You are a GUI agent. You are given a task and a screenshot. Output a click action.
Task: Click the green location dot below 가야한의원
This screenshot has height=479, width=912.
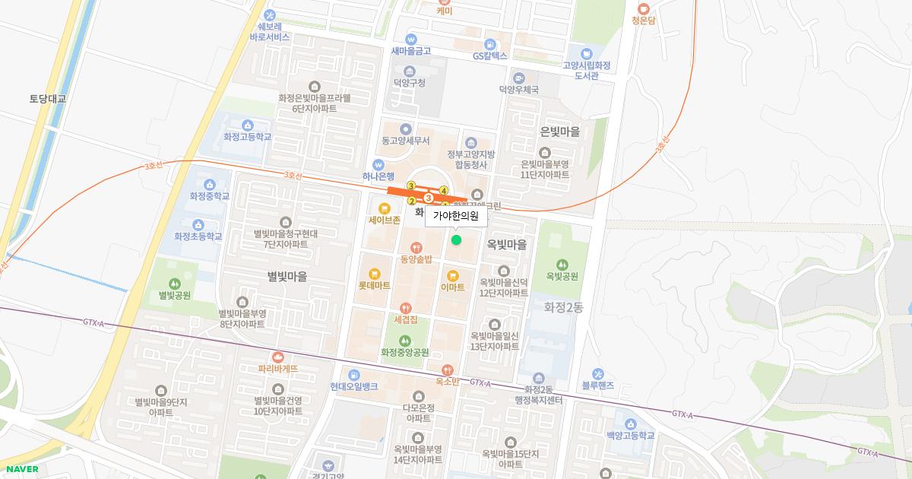(456, 240)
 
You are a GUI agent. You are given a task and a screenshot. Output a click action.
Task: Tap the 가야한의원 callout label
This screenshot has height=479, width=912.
(456, 217)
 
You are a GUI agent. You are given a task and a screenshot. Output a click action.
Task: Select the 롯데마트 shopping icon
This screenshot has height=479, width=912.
(374, 274)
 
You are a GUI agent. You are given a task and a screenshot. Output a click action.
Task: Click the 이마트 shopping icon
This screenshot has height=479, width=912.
(453, 275)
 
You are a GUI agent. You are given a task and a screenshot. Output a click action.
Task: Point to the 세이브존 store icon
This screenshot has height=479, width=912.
(384, 208)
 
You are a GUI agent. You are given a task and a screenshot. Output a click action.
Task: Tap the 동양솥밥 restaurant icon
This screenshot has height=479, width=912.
(416, 247)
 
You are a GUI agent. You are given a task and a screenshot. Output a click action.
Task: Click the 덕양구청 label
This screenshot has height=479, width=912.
(409, 83)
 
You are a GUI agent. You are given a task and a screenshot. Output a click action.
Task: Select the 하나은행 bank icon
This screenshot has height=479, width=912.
(378, 165)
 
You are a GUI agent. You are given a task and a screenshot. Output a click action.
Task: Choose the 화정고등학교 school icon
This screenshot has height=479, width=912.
(247, 125)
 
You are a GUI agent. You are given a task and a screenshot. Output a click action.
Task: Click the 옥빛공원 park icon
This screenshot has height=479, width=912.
(562, 263)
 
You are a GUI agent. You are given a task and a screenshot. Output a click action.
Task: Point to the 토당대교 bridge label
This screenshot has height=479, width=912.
(48, 99)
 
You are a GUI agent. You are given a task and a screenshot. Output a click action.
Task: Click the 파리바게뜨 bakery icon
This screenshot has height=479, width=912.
(277, 357)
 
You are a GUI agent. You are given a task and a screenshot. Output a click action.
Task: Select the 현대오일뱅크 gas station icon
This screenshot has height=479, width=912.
(353, 374)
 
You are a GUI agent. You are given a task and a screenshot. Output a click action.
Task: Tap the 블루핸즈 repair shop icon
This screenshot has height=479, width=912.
(597, 374)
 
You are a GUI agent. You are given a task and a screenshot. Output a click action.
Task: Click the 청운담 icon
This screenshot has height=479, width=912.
(643, 8)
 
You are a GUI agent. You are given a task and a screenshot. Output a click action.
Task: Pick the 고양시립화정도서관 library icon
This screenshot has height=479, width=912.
(587, 54)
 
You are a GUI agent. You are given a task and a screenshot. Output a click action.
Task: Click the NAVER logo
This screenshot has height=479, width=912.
(20, 469)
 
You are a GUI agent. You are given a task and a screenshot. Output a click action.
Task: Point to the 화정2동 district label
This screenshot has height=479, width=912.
(563, 307)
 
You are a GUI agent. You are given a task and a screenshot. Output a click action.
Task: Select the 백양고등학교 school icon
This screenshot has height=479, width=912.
(630, 423)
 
